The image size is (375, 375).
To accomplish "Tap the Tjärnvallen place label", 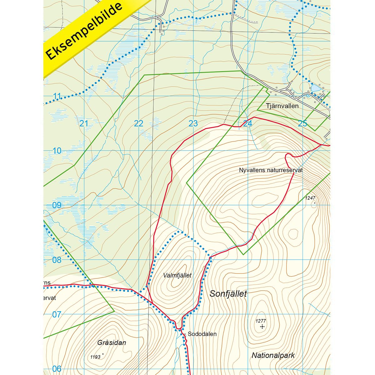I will tap(282, 106).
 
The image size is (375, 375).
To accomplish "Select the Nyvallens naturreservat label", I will tap(271, 170).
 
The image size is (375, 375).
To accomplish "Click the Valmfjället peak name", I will tap(177, 275).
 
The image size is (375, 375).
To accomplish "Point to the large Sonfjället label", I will tap(228, 294).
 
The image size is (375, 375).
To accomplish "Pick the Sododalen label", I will tap(202, 334).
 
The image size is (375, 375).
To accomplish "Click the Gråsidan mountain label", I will tap(112, 342).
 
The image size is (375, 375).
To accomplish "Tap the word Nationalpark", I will tap(273, 355).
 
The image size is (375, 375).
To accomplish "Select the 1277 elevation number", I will tap(260, 321).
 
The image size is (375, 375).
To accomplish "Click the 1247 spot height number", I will tap(311, 198).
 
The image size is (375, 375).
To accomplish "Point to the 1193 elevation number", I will tap(95, 357).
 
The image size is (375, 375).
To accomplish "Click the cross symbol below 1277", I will tap(262, 327).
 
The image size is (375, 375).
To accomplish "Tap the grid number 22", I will tap(138, 123).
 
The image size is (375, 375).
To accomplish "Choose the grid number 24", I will tap(248, 123).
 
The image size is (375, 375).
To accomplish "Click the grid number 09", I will tap(57, 205).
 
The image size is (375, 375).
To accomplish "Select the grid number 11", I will tap(57, 96).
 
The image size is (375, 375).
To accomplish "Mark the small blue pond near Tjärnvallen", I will tap(315, 88).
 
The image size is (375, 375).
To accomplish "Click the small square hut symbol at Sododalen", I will tap(185, 334).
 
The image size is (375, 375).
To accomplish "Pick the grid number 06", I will tap(57, 369).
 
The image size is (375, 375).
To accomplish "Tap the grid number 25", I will tap(302, 123).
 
